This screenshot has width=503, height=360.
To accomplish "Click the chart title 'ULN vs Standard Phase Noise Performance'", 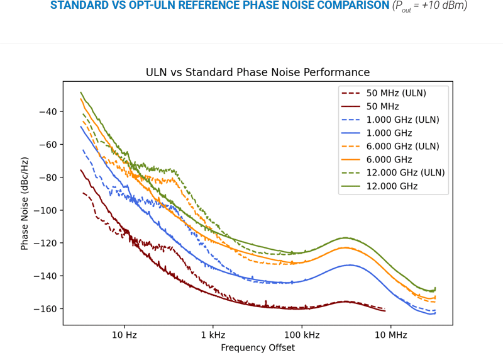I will click(258, 72).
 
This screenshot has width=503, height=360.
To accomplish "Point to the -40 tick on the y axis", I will click(48, 112).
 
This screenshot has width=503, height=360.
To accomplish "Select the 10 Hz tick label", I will click(124, 335).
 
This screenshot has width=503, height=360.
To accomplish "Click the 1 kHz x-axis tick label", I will click(213, 335).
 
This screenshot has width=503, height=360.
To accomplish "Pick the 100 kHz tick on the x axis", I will click(302, 335).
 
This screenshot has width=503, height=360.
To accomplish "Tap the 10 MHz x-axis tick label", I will click(390, 335).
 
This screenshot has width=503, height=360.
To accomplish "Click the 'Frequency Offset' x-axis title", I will click(258, 347).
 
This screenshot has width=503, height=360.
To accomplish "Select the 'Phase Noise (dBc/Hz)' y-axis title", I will click(25, 203).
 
